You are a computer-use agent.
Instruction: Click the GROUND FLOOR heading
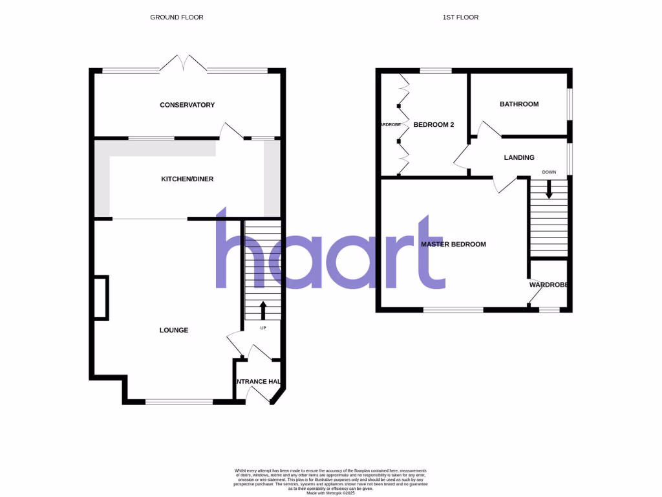[x=176, y=17]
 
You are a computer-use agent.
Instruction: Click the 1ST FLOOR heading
[x=460, y=17]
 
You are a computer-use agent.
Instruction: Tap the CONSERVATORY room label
[x=187, y=105]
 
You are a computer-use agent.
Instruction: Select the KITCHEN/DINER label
[x=187, y=179]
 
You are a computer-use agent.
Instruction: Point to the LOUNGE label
[x=174, y=330]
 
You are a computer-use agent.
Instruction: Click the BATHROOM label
[x=519, y=104]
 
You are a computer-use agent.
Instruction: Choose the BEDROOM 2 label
[x=433, y=124]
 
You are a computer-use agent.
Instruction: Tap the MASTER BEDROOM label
[x=453, y=245]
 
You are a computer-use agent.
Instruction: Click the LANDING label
[x=519, y=157]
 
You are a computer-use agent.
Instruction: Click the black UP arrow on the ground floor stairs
[x=263, y=310]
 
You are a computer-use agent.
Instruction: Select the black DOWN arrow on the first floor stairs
[x=549, y=190]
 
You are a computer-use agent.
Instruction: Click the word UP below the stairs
[x=263, y=328]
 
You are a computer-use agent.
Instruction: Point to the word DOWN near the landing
[x=549, y=172]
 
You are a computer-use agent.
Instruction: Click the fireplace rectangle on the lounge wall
[x=101, y=297]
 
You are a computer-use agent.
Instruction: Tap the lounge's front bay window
[x=179, y=402]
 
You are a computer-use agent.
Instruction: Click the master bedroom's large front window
[x=453, y=310]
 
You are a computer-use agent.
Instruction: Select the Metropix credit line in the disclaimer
[x=331, y=492]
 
